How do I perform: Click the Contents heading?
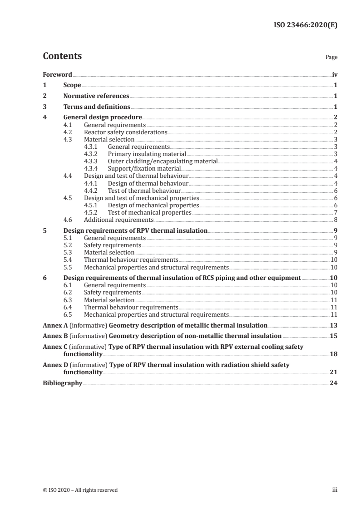pyautogui.click(x=62, y=56)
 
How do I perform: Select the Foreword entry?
pyautogui.click(x=57, y=74)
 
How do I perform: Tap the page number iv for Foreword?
pyautogui.click(x=334, y=74)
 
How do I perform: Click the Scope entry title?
pyautogui.click(x=72, y=85)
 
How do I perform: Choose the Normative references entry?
pyautogui.click(x=96, y=96)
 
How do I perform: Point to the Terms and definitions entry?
pyautogui.click(x=97, y=107)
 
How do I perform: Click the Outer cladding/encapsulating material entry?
pyautogui.click(x=163, y=161)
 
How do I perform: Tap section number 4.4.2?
pyautogui.click(x=91, y=191)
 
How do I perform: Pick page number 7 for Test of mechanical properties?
pyautogui.click(x=335, y=212)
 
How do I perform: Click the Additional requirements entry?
pyautogui.click(x=118, y=220)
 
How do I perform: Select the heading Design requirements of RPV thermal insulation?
pyautogui.click(x=135, y=230)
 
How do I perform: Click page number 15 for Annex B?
pyautogui.click(x=333, y=336)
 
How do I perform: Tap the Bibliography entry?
pyautogui.click(x=62, y=383)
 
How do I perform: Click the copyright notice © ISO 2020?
pyautogui.click(x=80, y=490)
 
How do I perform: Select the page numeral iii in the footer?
pyautogui.click(x=335, y=490)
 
